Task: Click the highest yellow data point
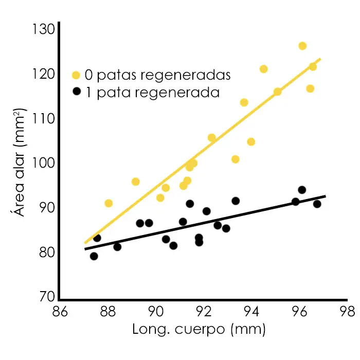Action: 302,46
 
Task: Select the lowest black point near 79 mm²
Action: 94,256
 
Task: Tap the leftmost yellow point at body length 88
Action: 109,203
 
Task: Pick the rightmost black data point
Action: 317,204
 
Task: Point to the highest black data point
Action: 302,190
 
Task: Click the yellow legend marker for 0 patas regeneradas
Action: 76,75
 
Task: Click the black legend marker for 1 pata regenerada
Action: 76,92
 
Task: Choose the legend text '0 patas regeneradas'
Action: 157,75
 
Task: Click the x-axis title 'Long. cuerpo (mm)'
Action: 199,329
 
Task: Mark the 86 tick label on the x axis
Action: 59,312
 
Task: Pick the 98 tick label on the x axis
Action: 347,312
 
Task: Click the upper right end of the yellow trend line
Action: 320,59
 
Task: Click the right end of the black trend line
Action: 325,196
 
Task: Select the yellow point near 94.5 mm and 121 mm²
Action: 263,69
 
